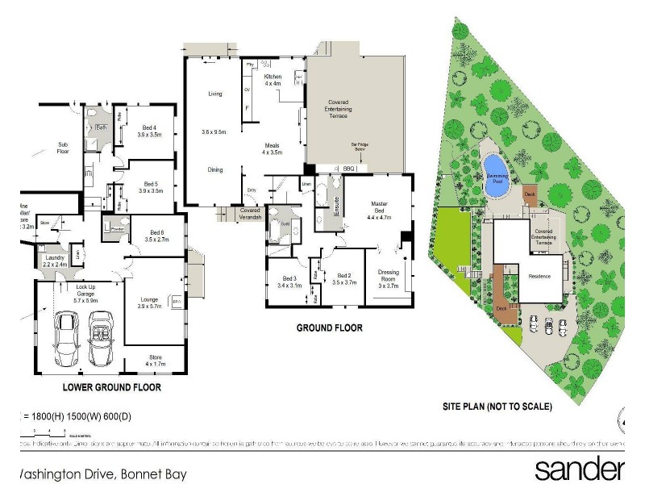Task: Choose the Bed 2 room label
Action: (x=344, y=277)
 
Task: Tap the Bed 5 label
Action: (x=151, y=187)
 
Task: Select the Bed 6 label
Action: (x=156, y=235)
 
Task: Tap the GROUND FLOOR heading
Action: (x=329, y=328)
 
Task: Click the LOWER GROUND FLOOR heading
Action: (x=112, y=388)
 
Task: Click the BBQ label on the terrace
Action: (x=349, y=169)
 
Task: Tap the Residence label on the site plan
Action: (x=539, y=276)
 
